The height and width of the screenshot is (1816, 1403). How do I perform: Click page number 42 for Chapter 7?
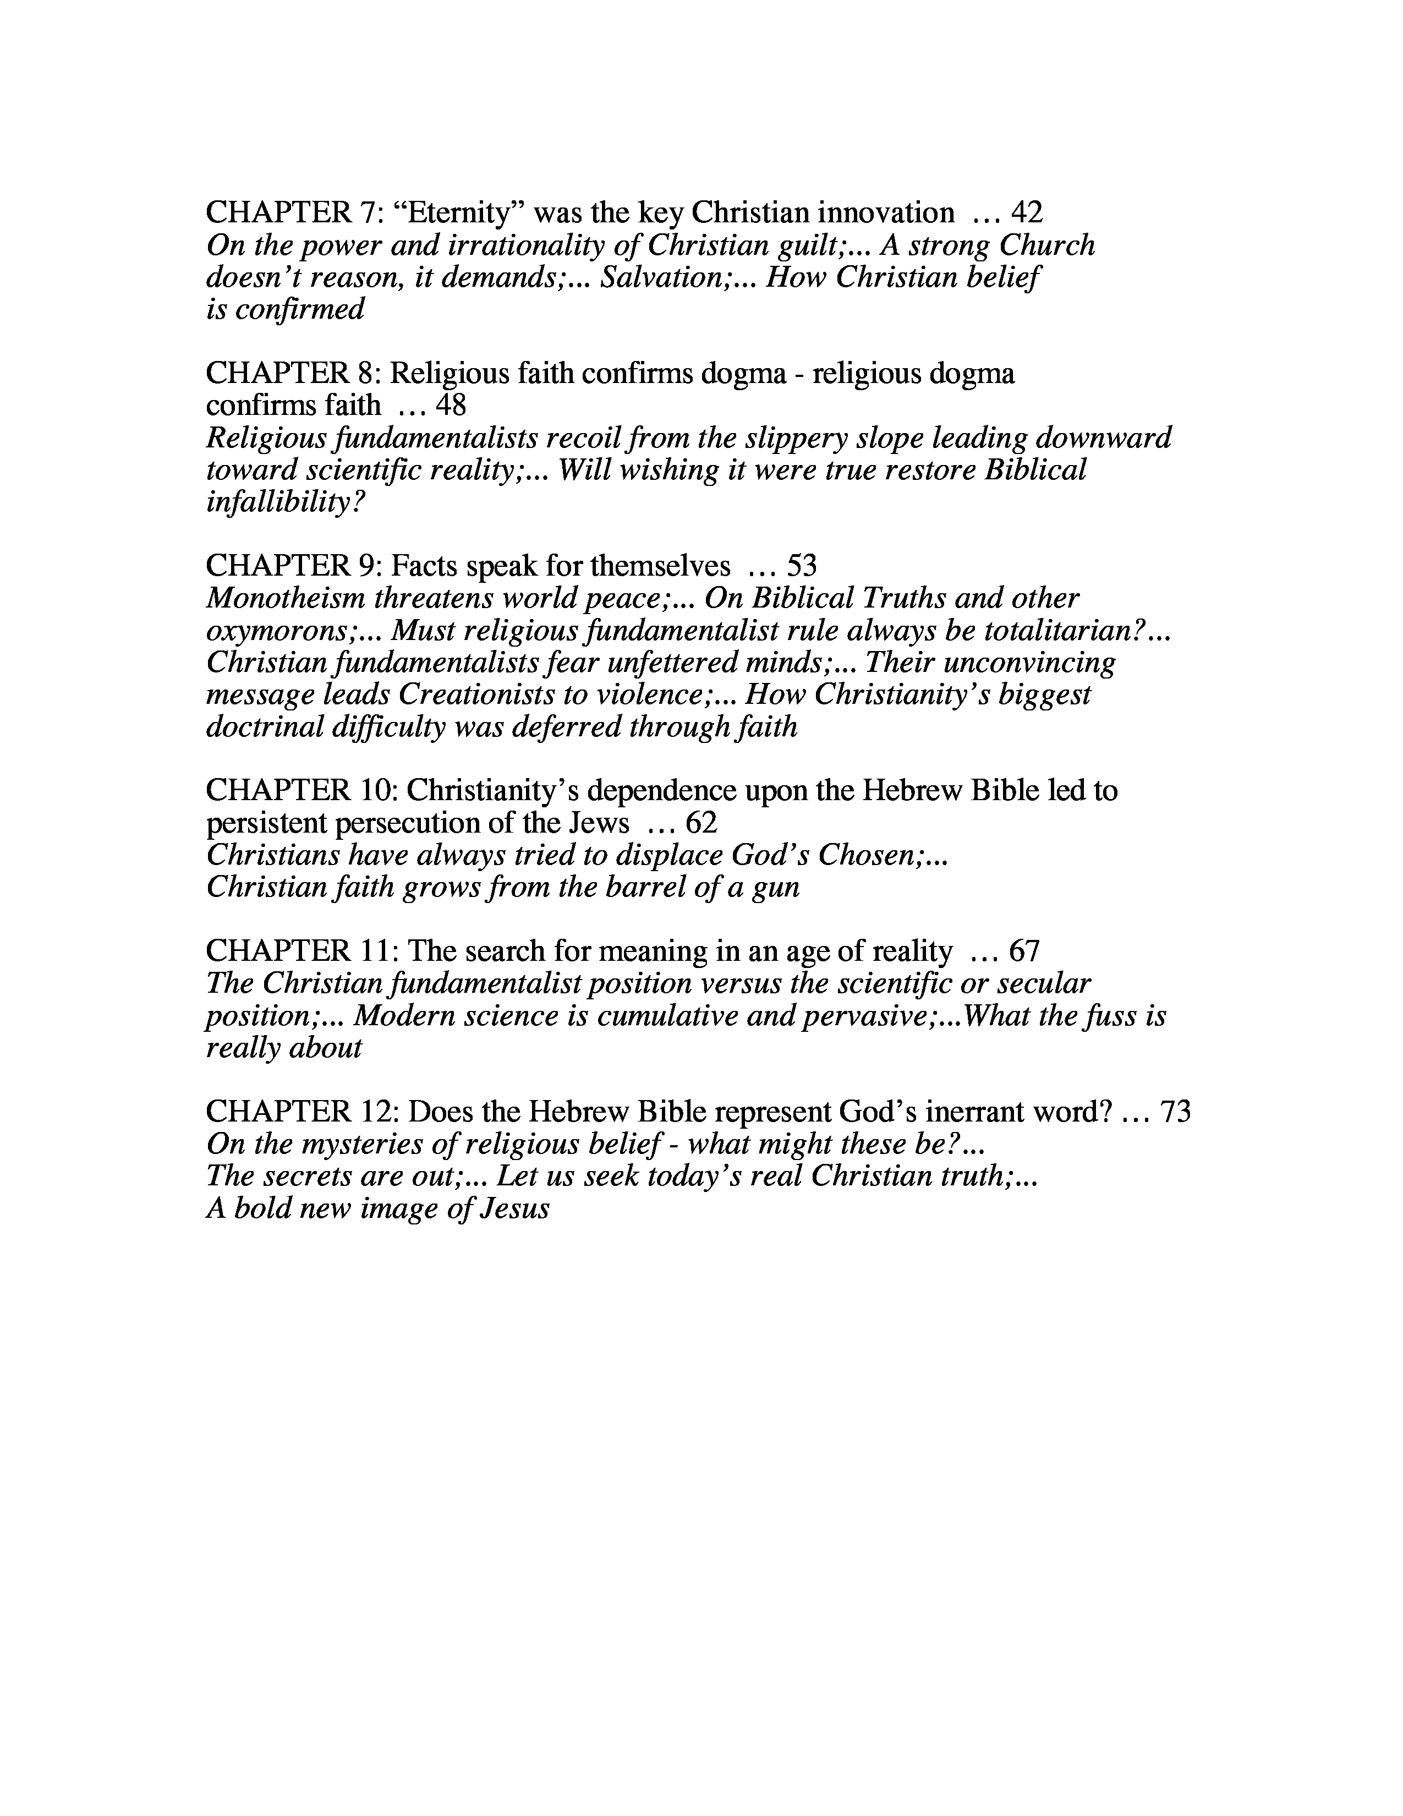pyautogui.click(x=1027, y=214)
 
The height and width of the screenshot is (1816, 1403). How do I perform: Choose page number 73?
pyautogui.click(x=1175, y=1112)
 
